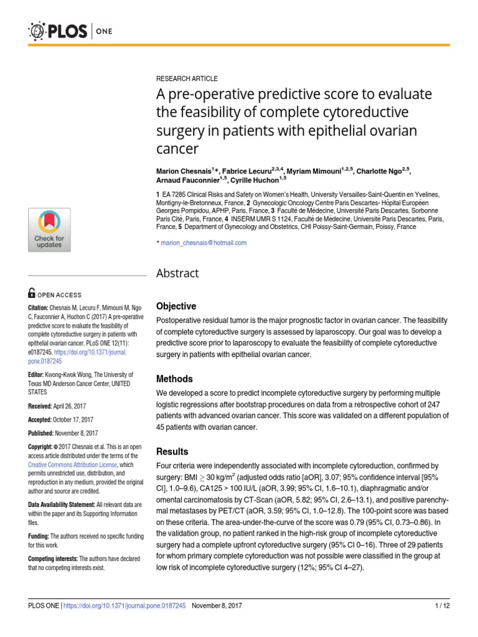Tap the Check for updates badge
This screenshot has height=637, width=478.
(49, 230)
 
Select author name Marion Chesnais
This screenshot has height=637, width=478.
(184, 170)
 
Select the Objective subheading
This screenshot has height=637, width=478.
(176, 306)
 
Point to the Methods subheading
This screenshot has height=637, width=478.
(174, 379)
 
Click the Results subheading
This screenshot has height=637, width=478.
(172, 451)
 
